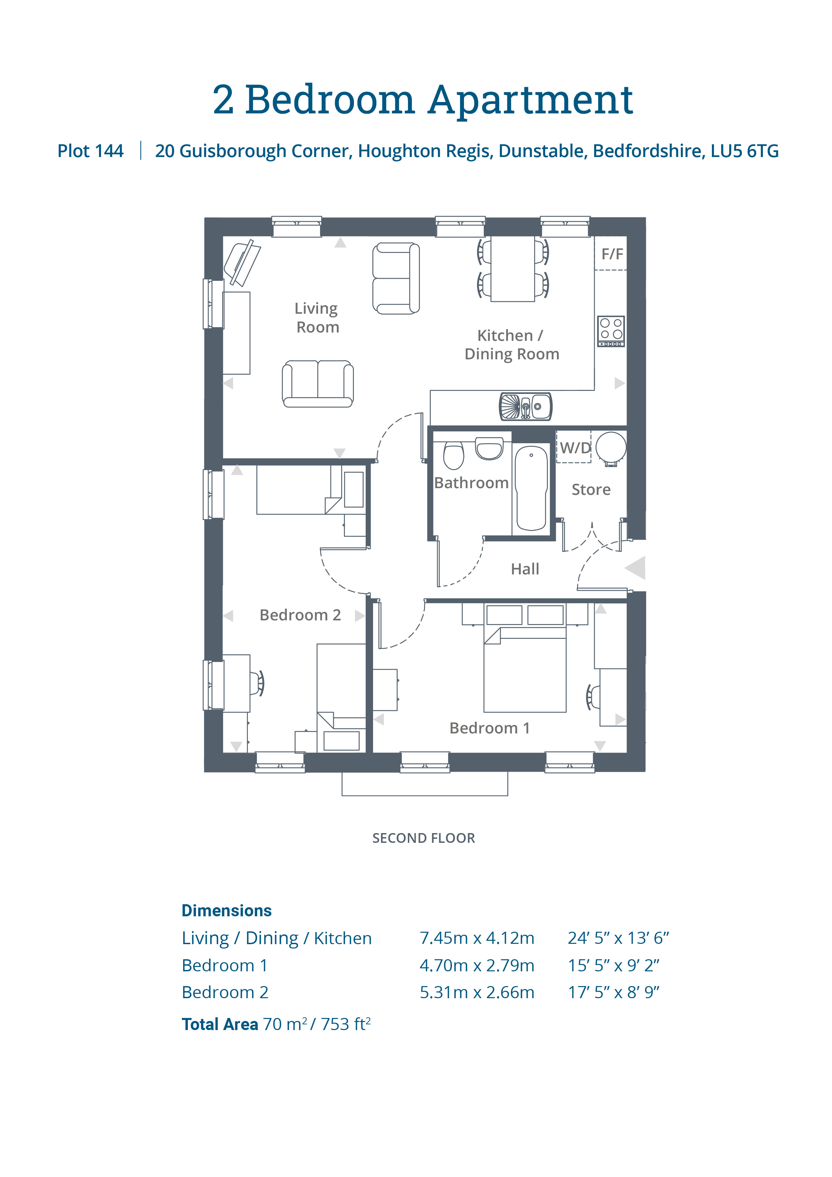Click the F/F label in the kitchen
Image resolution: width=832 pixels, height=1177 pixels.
coord(612,254)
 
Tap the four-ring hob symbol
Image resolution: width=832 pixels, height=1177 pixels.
coord(611,330)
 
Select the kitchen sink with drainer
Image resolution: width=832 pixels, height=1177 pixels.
coord(525,407)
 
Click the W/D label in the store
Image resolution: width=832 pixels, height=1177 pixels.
coord(575,448)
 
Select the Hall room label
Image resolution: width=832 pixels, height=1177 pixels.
coord(525,569)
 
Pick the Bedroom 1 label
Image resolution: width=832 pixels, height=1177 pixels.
coord(489,728)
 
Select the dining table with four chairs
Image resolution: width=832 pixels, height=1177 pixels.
coord(513,269)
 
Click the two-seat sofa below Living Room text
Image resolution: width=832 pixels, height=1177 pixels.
coord(318,384)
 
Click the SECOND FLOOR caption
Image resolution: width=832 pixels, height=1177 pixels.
coord(423,838)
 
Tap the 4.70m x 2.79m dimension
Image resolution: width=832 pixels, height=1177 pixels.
coord(477,965)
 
